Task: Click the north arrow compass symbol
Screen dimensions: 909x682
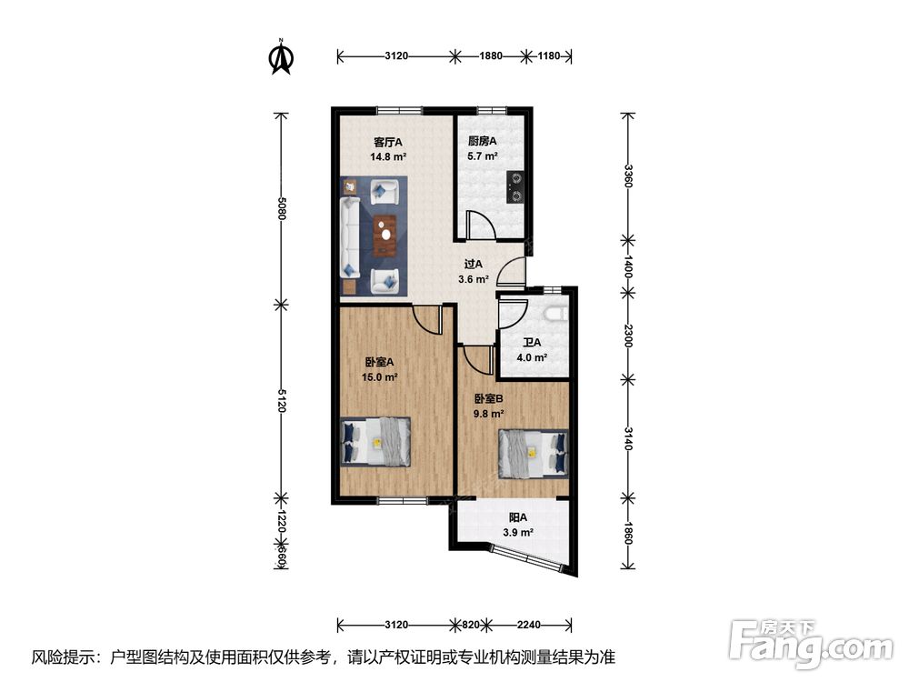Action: pyautogui.click(x=282, y=56)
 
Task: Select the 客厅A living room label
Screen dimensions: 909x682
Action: pyautogui.click(x=388, y=142)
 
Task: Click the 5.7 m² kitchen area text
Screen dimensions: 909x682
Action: pyautogui.click(x=483, y=156)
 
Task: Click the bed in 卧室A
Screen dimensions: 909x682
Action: pyautogui.click(x=375, y=441)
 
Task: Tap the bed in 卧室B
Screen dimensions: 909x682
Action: pyautogui.click(x=534, y=454)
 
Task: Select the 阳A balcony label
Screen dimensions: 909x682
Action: pyautogui.click(x=518, y=517)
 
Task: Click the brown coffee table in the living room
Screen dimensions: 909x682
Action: pyautogui.click(x=385, y=235)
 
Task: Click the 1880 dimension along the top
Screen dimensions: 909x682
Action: pyautogui.click(x=491, y=56)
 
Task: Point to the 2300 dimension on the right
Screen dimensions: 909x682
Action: pyautogui.click(x=628, y=336)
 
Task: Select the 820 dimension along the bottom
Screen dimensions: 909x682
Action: pyautogui.click(x=471, y=625)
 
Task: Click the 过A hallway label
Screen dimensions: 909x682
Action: pyautogui.click(x=473, y=264)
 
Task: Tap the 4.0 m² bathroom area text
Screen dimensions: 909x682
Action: pyautogui.click(x=532, y=357)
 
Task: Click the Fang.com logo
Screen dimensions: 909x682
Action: pyautogui.click(x=811, y=644)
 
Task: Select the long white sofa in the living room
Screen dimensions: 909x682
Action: pyautogui.click(x=351, y=238)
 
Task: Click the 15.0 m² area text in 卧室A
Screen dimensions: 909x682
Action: pyautogui.click(x=379, y=377)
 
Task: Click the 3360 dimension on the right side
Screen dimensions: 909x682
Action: pyautogui.click(x=628, y=176)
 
